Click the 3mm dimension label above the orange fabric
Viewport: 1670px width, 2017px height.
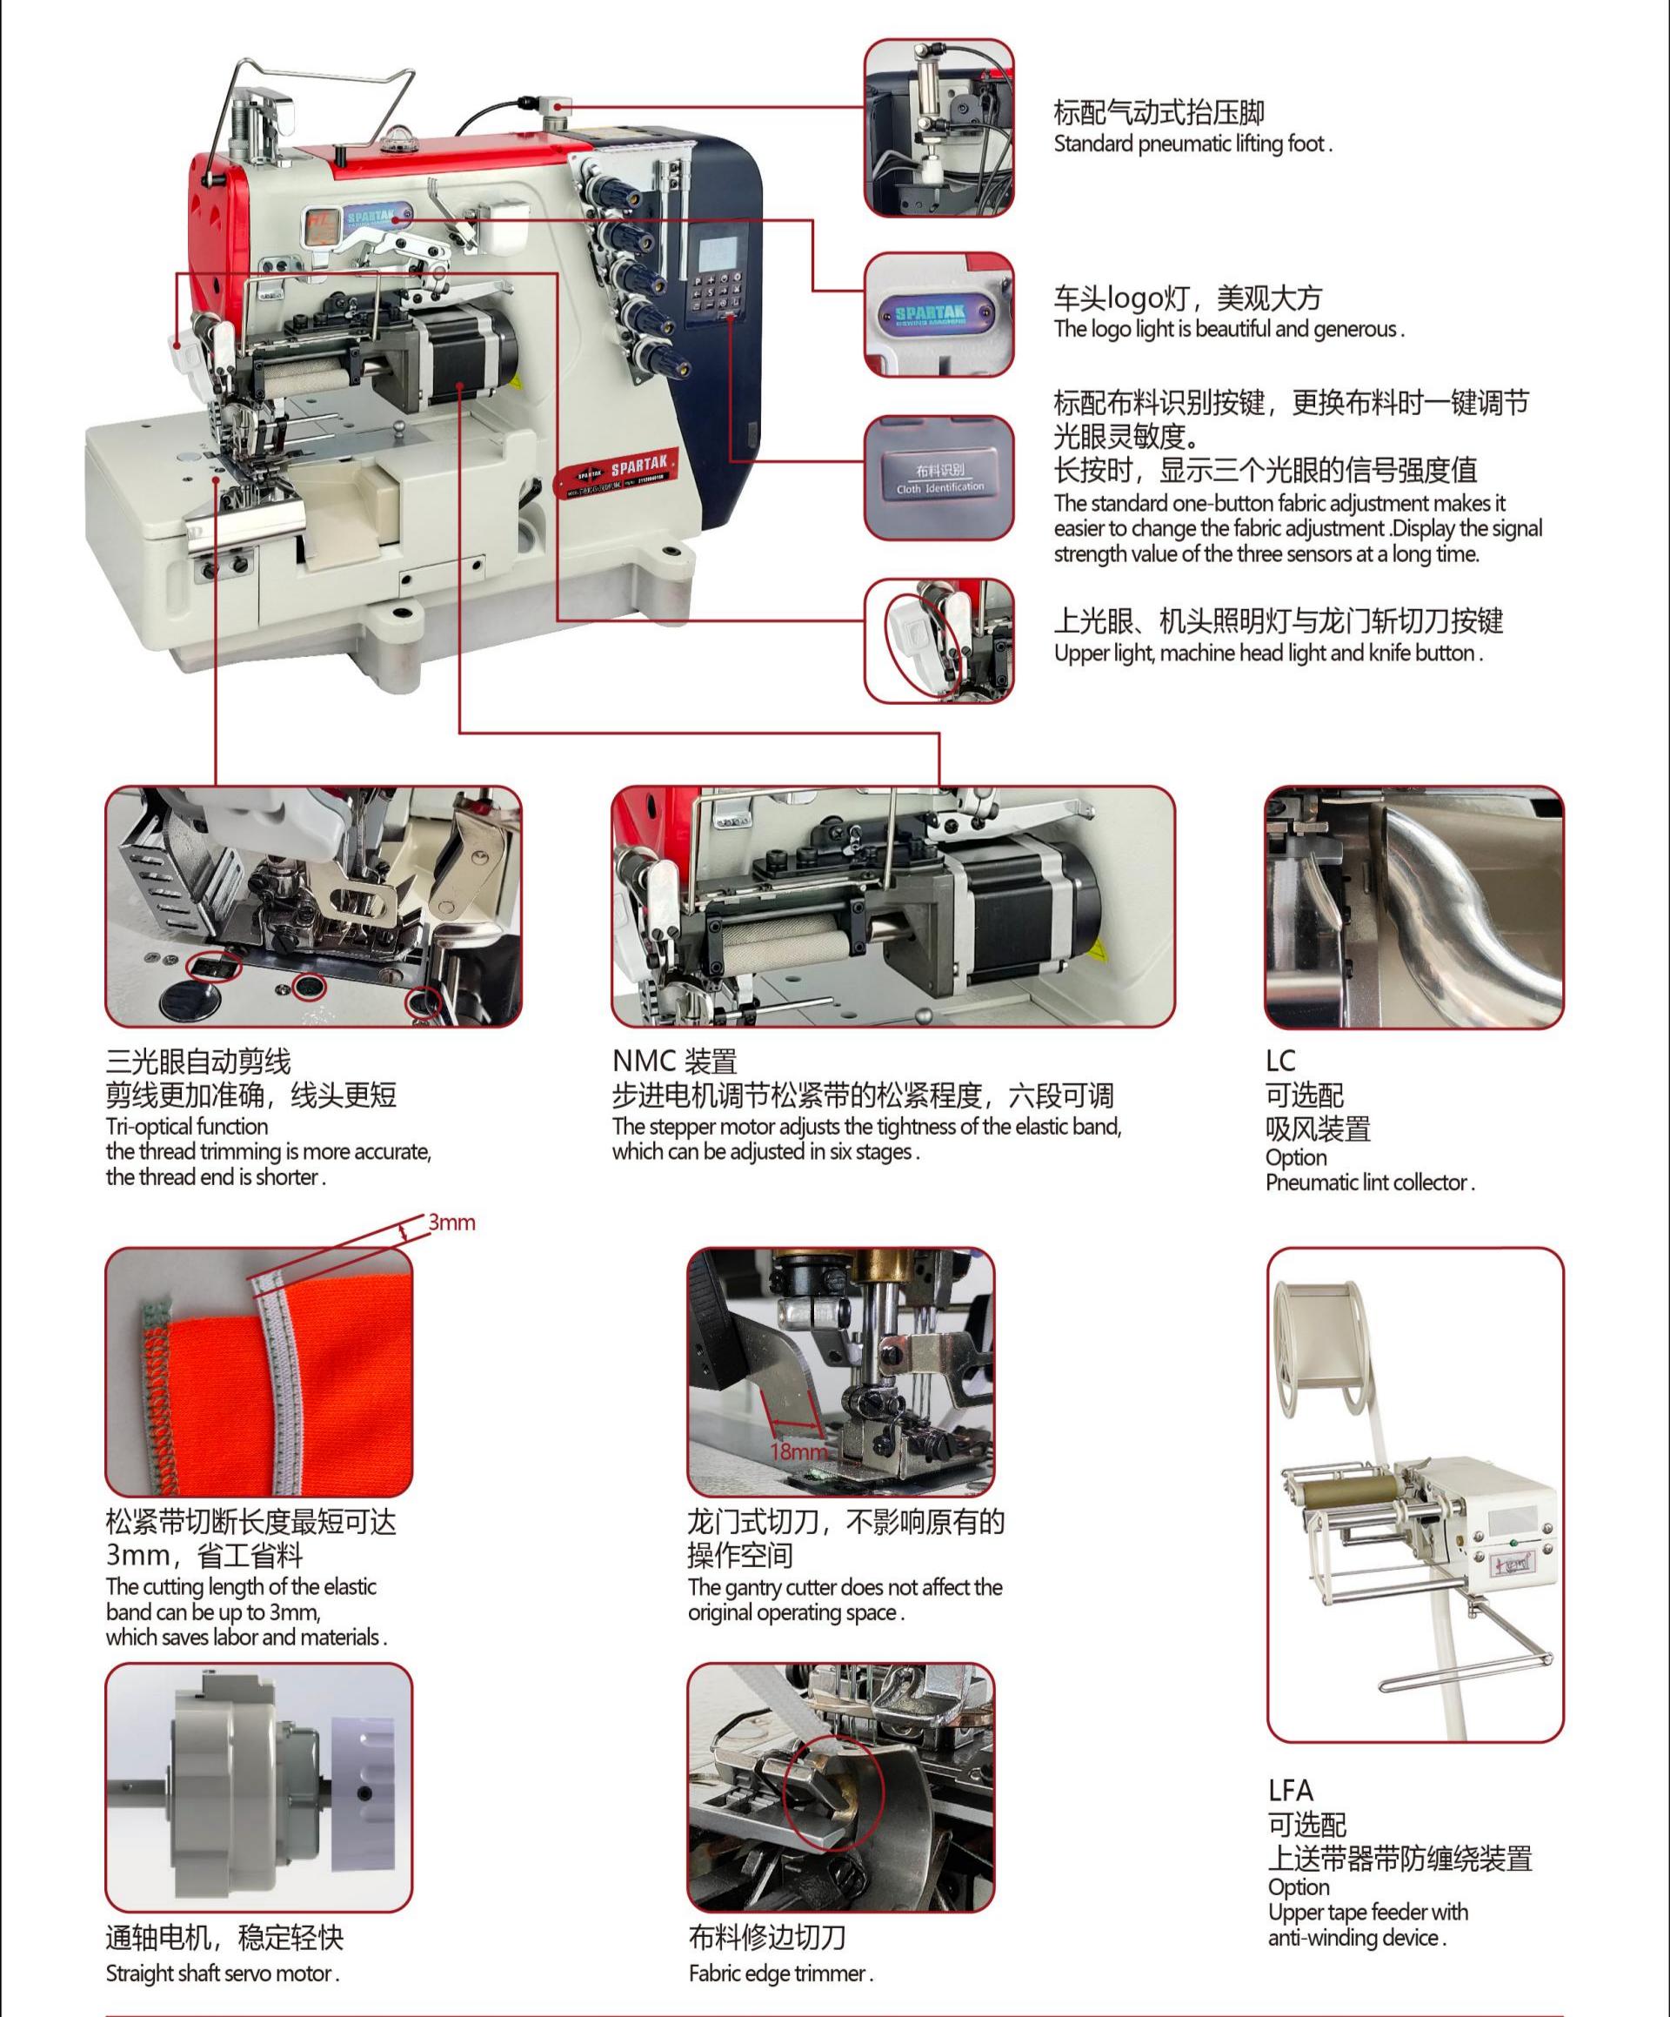(x=451, y=1223)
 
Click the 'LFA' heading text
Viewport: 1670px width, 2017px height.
(x=1290, y=1789)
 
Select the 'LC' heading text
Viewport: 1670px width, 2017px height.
(x=1280, y=1061)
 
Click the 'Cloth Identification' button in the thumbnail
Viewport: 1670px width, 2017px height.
(x=940, y=479)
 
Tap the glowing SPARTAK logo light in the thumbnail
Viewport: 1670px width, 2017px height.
(x=939, y=316)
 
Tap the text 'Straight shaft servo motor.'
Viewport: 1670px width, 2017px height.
(x=223, y=1973)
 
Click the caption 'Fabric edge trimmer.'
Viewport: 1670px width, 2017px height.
(x=781, y=1973)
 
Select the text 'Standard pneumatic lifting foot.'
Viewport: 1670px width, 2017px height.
(x=1192, y=144)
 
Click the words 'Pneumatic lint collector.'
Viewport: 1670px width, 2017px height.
(x=1369, y=1183)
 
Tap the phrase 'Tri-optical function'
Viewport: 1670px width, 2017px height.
(x=187, y=1127)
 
